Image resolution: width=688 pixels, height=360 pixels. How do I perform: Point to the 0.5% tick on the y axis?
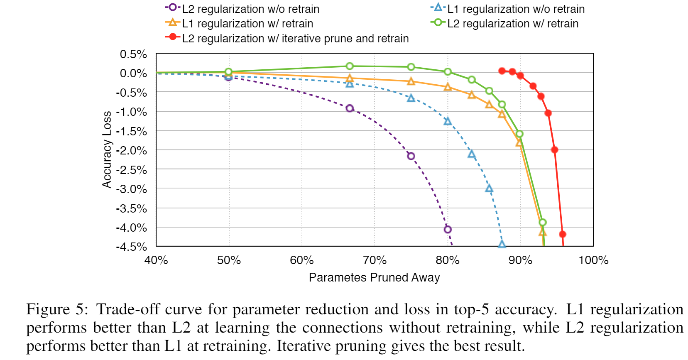click(x=133, y=54)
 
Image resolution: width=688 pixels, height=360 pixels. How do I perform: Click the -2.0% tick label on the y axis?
click(x=132, y=150)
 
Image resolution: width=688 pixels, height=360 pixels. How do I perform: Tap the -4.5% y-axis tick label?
click(x=132, y=247)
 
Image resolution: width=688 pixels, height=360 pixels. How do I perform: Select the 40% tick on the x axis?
click(x=156, y=260)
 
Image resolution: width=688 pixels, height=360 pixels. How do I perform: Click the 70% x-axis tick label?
click(x=375, y=260)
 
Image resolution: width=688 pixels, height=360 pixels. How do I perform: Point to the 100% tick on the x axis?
click(x=593, y=260)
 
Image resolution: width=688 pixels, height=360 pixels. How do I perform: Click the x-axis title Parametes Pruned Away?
click(x=374, y=277)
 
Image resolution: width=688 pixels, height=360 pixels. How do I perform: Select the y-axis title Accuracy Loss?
click(x=107, y=149)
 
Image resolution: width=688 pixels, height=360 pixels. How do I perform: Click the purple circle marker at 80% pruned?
click(x=448, y=229)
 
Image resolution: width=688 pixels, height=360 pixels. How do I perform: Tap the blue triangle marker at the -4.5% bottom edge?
click(x=502, y=244)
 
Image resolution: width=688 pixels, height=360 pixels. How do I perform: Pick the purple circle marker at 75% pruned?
click(x=411, y=156)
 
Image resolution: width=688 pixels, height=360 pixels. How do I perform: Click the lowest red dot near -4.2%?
click(x=563, y=234)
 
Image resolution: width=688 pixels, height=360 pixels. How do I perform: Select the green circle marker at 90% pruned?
click(x=519, y=134)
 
